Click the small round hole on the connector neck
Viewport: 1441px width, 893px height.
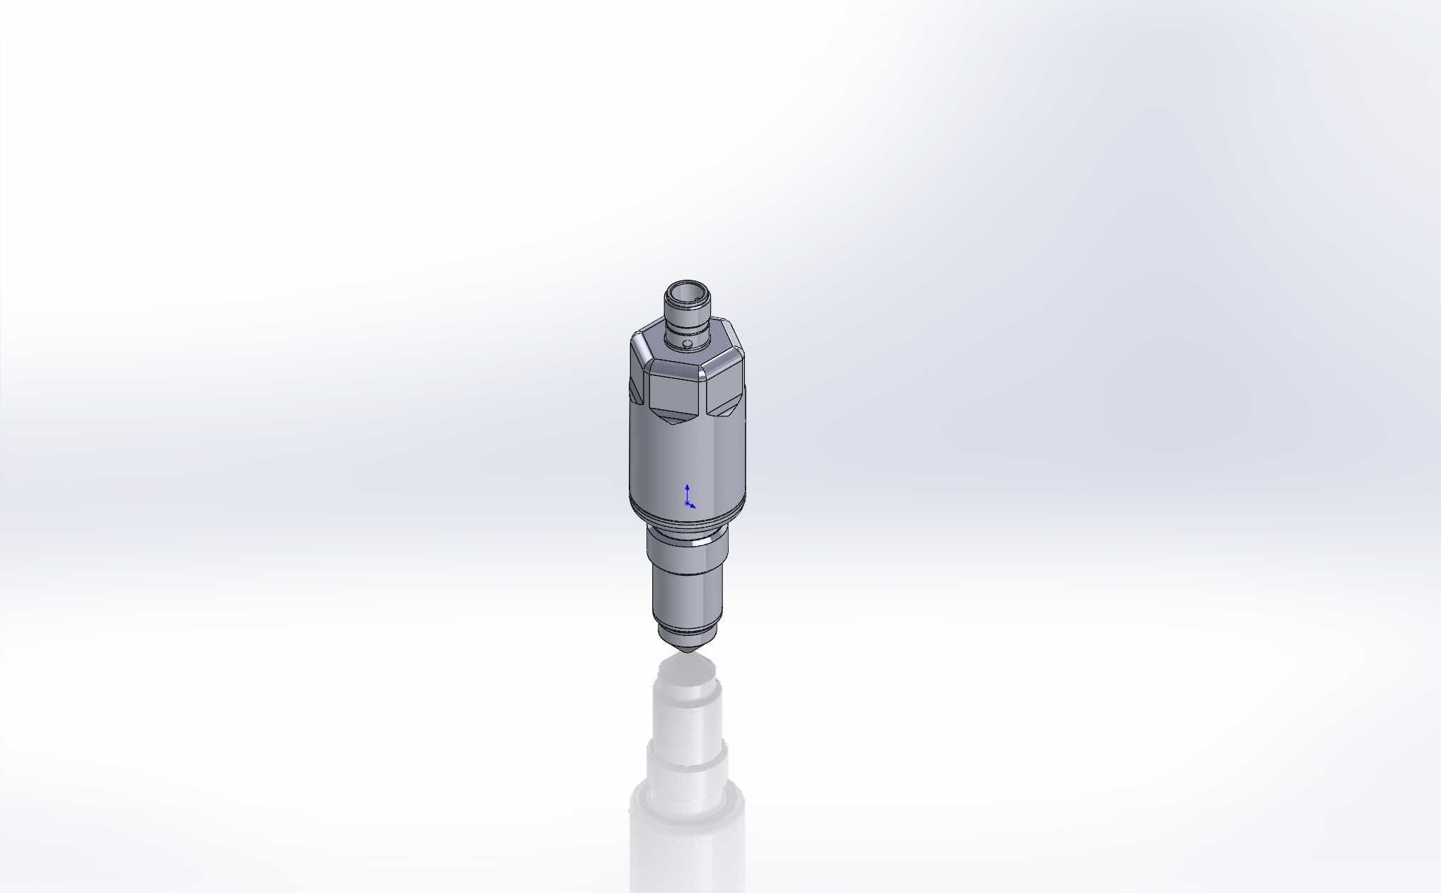(x=686, y=343)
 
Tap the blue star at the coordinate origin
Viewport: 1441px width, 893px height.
(x=686, y=502)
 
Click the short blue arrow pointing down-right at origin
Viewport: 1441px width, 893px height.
(x=693, y=506)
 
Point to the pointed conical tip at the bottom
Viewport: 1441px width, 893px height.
(x=686, y=644)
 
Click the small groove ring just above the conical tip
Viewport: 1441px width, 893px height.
(x=686, y=629)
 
